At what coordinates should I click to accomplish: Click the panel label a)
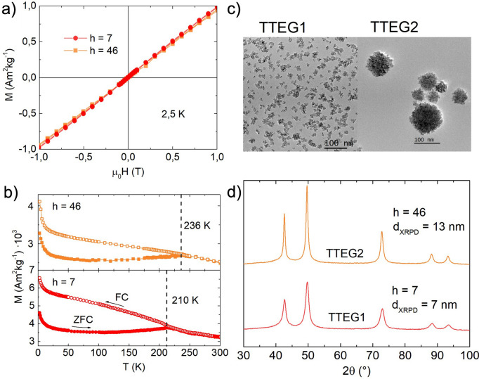click(10, 8)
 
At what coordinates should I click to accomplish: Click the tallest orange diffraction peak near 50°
click(307, 187)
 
